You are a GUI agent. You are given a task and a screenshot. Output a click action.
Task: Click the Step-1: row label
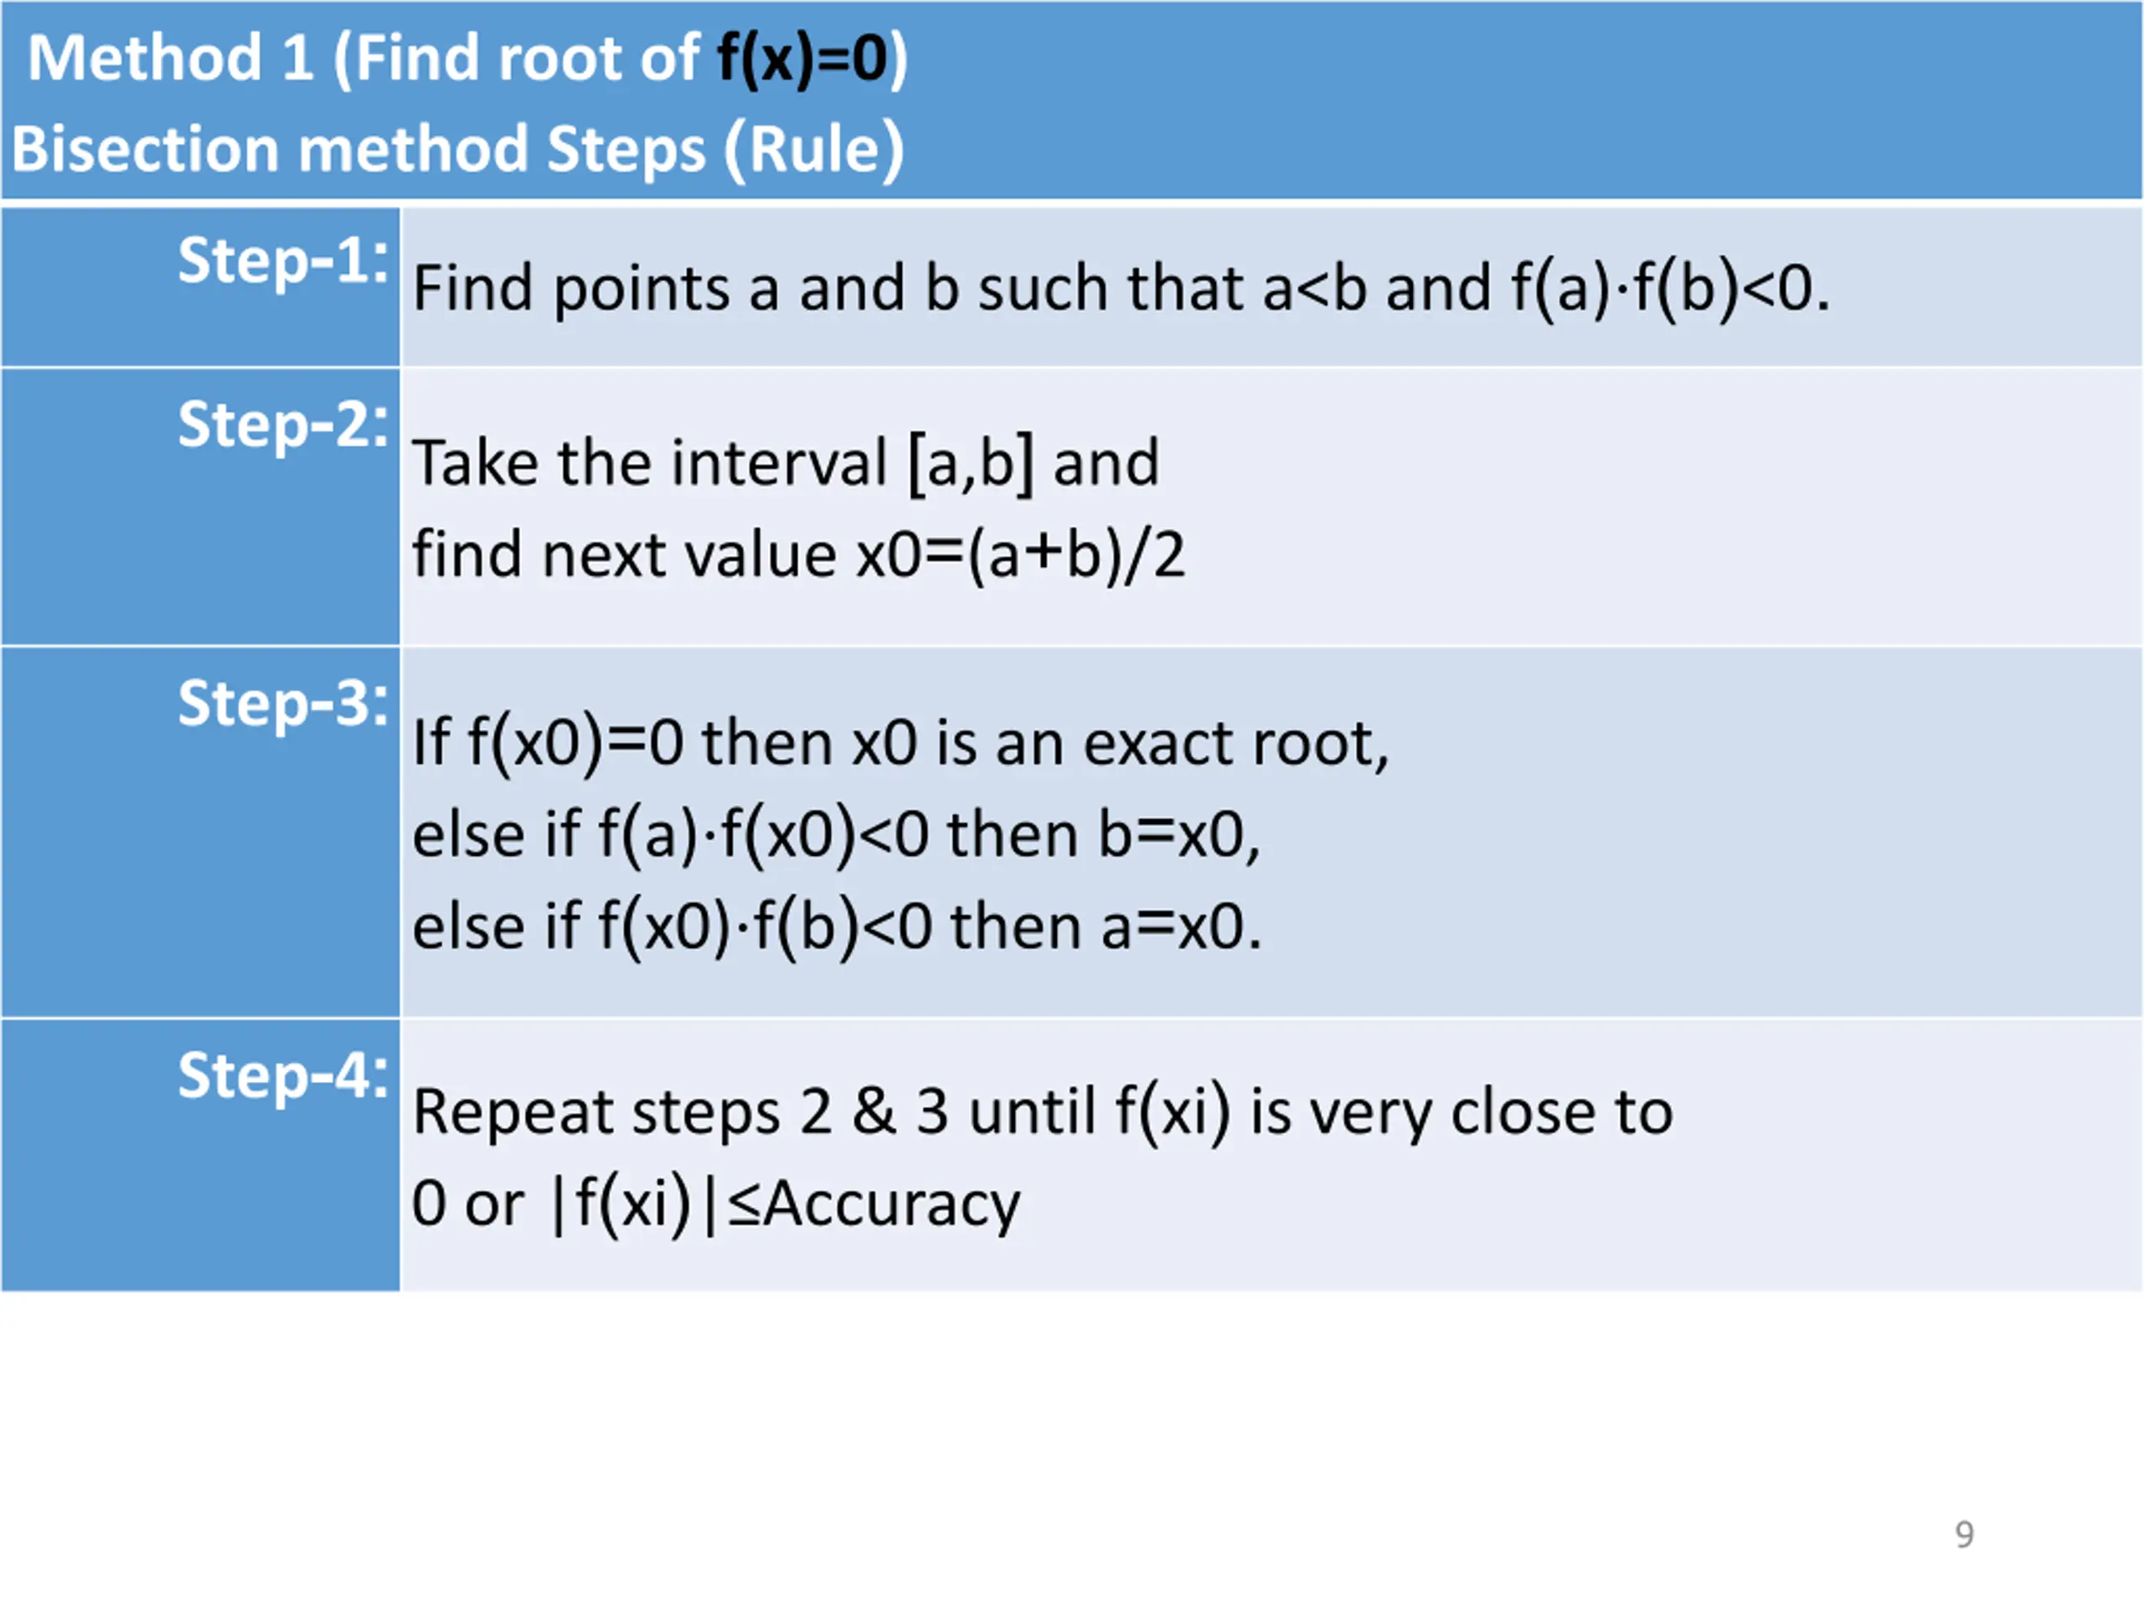[x=283, y=261]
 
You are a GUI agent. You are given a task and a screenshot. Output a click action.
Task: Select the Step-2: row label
[x=283, y=425]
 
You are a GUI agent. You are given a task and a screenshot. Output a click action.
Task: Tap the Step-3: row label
[x=283, y=703]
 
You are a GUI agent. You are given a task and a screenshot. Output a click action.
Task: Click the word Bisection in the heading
[x=146, y=150]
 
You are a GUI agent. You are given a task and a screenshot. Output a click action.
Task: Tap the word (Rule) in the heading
[x=814, y=150]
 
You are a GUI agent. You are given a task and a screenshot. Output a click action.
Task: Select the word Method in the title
[x=146, y=58]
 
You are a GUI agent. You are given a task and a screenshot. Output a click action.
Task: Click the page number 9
[x=1964, y=1534]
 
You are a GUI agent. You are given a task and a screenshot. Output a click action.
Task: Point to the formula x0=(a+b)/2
[x=1021, y=555]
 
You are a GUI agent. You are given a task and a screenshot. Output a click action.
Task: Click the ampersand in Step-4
[x=874, y=1113]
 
